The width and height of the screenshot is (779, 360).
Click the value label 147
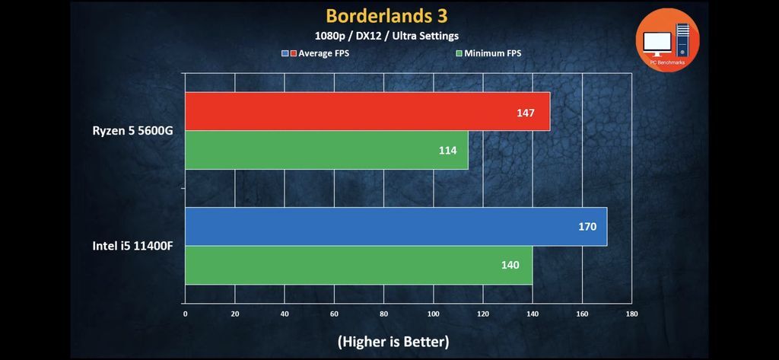(x=525, y=113)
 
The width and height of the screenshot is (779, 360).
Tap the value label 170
(x=587, y=227)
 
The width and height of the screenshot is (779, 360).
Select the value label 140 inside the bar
(x=510, y=265)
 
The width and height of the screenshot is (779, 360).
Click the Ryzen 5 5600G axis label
(x=133, y=131)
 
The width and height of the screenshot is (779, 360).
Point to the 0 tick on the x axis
(x=185, y=313)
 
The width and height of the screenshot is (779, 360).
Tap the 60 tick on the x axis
(x=334, y=313)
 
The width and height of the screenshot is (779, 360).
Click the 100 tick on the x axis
(x=433, y=313)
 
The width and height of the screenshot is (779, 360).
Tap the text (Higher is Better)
(x=393, y=341)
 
